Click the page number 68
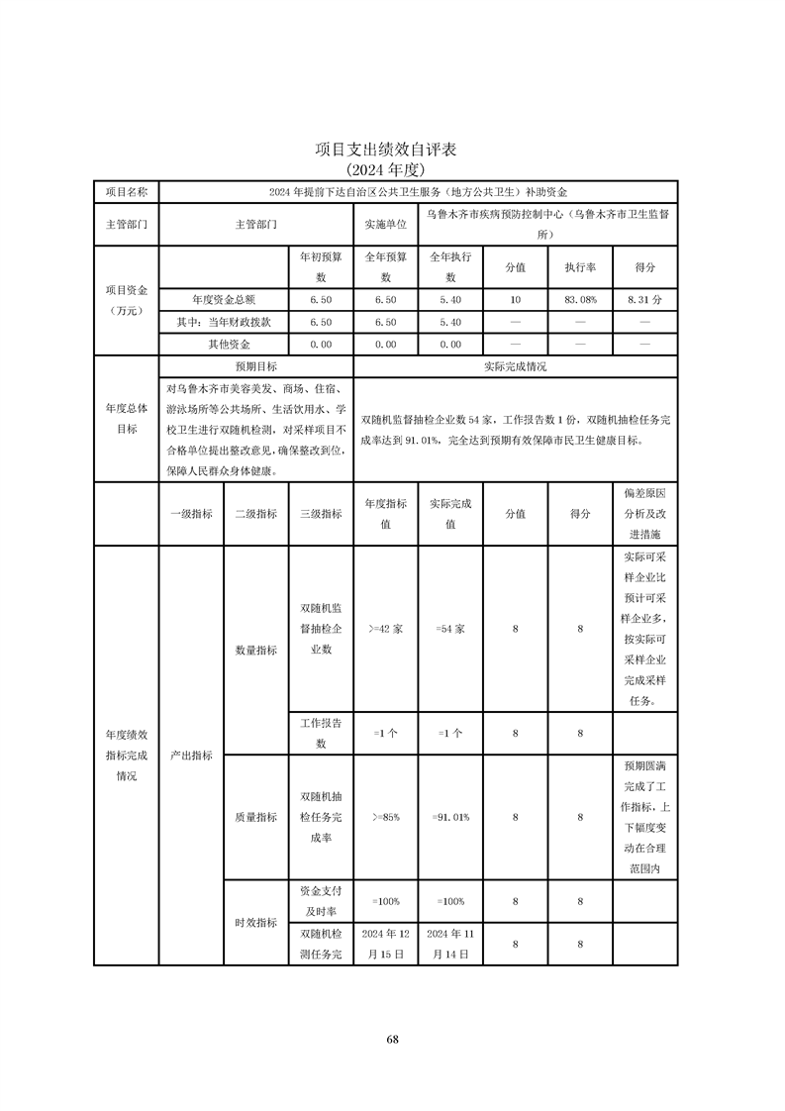(x=393, y=1039)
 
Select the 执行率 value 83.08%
(x=580, y=298)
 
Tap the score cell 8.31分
(x=644, y=298)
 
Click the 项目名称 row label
(x=127, y=191)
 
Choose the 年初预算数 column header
(x=321, y=267)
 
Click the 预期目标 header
(x=255, y=366)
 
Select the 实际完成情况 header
(x=515, y=366)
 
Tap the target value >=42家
(x=385, y=629)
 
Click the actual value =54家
(x=450, y=629)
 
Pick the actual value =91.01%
(x=450, y=817)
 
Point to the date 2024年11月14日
(x=450, y=944)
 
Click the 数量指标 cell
(x=255, y=651)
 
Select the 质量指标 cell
(x=255, y=817)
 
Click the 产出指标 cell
(x=191, y=755)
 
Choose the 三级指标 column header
(x=321, y=514)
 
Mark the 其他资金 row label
(x=224, y=345)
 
